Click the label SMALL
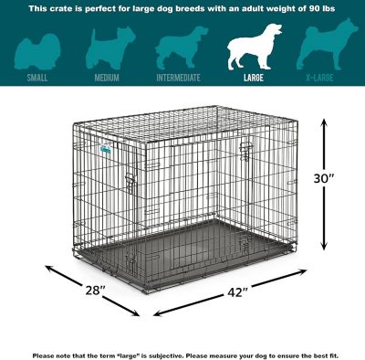[x=38, y=78]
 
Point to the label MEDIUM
[x=107, y=78]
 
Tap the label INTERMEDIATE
[x=180, y=78]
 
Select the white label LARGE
[x=255, y=78]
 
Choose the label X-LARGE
[x=325, y=78]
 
